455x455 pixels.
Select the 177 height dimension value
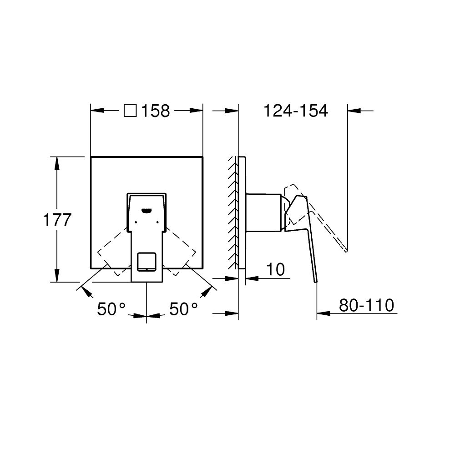pyautogui.click(x=57, y=220)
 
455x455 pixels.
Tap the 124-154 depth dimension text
pyautogui.click(x=296, y=111)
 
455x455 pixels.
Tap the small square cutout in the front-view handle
pyautogui.click(x=146, y=261)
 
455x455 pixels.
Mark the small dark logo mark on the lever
pyautogui.click(x=147, y=210)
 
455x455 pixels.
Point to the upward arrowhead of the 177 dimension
pyautogui.click(x=57, y=163)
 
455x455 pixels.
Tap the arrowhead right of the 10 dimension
pyautogui.click(x=251, y=277)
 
